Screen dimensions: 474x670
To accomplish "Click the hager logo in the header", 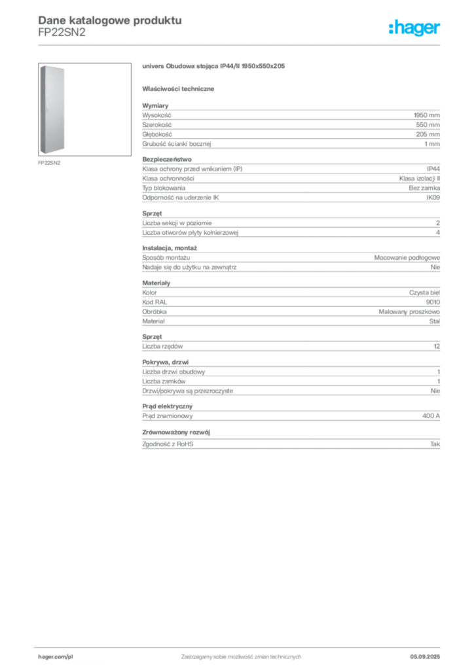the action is tap(414, 27).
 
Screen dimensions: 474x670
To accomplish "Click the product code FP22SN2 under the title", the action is tap(62, 33).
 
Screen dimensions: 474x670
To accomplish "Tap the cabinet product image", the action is tap(84, 109).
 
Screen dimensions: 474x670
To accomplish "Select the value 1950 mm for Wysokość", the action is tap(427, 115).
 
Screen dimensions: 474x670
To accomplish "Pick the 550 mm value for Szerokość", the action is tap(428, 125).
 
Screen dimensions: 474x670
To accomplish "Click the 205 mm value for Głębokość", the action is tap(428, 134).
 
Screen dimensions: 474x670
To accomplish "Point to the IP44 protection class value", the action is tap(433, 169).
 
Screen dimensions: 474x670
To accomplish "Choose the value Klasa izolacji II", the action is tap(419, 179).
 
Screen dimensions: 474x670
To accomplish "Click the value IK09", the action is tap(433, 198).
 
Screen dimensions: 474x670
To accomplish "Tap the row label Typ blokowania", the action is tap(164, 188).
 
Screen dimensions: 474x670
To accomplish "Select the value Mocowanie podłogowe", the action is tap(407, 258).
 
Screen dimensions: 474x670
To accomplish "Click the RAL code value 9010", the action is tap(433, 302).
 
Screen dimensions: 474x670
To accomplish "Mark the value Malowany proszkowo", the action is tap(409, 312).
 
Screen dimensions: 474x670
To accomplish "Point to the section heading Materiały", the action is tap(156, 283).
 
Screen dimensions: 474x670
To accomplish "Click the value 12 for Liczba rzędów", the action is tap(437, 347).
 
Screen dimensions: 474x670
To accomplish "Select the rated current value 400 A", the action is tap(431, 415).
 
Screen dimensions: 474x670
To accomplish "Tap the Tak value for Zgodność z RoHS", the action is tap(435, 444).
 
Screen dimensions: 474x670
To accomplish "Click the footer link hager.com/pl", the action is tap(56, 657).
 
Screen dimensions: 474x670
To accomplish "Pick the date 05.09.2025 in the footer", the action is tap(425, 657).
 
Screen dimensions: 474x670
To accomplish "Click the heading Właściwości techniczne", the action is tap(178, 89).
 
